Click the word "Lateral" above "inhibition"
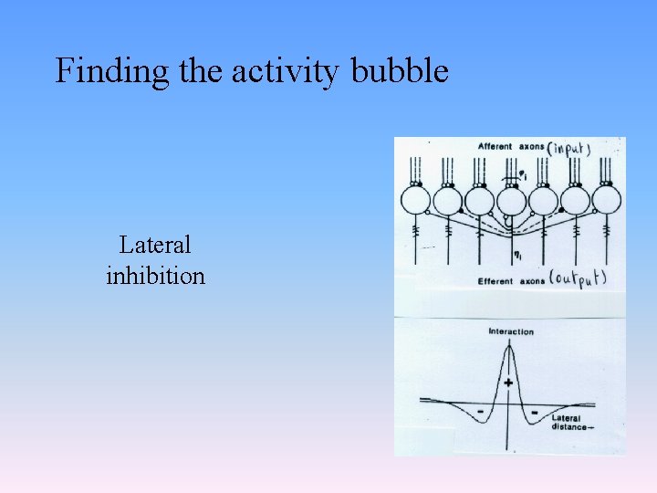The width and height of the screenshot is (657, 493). click(x=155, y=245)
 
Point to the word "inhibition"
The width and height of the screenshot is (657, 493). click(x=155, y=275)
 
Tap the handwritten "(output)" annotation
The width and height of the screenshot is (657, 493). click(x=576, y=279)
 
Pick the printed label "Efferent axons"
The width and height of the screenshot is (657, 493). click(x=508, y=281)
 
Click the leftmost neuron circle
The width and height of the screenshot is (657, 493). click(x=416, y=200)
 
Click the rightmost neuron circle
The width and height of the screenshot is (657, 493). click(x=606, y=200)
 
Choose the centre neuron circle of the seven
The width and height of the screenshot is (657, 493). click(x=511, y=200)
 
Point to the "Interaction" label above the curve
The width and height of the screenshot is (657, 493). click(x=511, y=331)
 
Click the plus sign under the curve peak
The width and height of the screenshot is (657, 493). click(x=508, y=383)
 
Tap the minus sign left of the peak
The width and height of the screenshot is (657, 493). click(x=479, y=413)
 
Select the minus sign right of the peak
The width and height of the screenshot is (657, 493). click(x=535, y=413)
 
